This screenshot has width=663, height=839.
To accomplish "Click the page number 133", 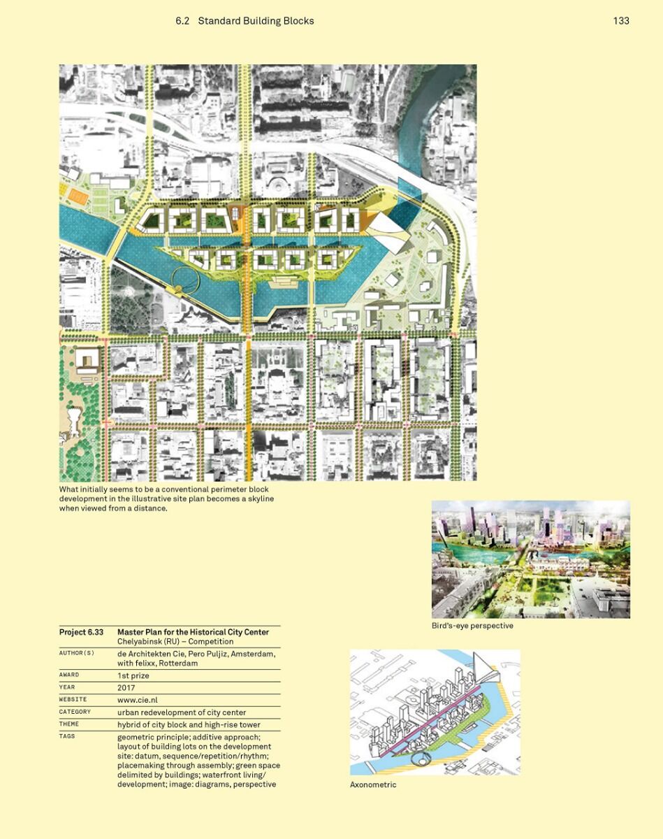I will pos(621,21).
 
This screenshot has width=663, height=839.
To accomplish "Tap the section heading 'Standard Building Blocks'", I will pos(256,21).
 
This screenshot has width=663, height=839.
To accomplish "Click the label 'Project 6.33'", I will pos(81,632).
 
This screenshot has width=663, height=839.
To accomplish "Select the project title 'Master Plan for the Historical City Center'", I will pos(193,632).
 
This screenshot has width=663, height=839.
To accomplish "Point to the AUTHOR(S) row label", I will pos(76,653).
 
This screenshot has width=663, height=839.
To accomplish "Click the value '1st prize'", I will pos(133,676).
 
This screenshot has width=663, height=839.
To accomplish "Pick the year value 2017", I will pos(127,688).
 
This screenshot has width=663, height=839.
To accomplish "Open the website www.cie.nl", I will pos(137,700).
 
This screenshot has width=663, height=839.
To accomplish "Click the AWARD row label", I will pos(69,675).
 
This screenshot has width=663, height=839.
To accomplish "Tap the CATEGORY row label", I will pos(75,712).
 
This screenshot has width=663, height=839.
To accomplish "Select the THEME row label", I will pos(69,724).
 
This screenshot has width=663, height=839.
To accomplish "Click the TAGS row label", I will pos(67,736).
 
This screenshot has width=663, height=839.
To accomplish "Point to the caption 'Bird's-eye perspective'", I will pos(472,626).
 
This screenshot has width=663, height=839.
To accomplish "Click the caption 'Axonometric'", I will pos(373,784).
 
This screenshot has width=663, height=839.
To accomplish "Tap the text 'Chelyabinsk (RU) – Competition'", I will pos(175,641).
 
